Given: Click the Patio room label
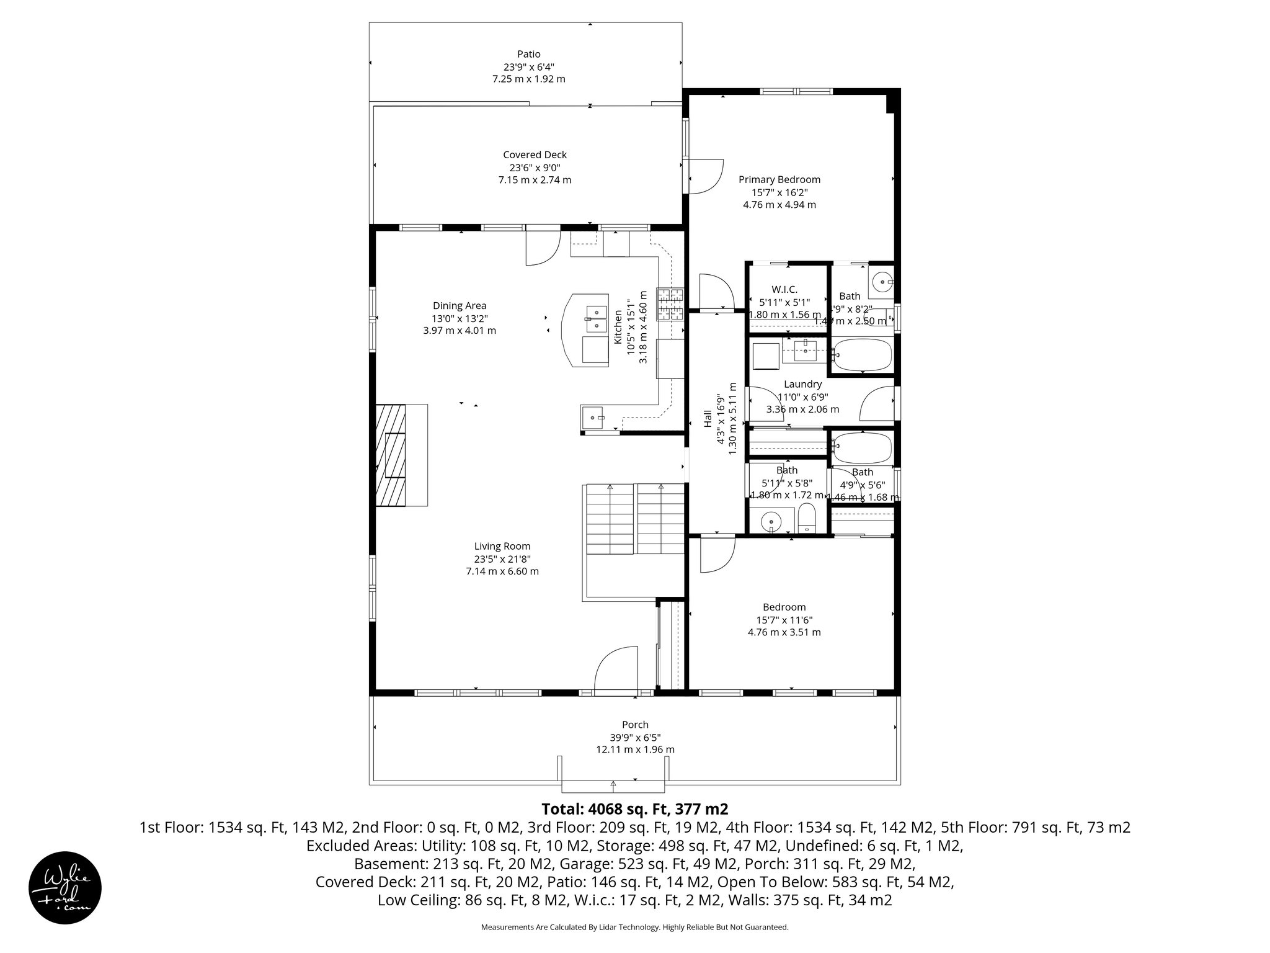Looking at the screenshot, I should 528,54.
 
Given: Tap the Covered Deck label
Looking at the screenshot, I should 535,154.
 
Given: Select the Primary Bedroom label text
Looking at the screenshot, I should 779,179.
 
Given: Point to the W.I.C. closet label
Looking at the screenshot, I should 784,289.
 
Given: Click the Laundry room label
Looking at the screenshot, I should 802,384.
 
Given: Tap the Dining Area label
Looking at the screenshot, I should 459,305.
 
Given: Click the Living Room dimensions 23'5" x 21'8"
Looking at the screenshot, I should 502,558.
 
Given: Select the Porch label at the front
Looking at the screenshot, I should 635,724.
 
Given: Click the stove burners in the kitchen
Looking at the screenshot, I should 670,304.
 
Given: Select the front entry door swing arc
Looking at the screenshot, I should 616,667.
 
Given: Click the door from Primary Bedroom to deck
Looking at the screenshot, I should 704,176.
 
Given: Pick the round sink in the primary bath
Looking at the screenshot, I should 881,282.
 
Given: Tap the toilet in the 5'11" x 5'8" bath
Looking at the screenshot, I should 807,518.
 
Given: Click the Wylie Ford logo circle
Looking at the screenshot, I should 65,887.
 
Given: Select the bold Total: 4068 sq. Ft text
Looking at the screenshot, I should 634,808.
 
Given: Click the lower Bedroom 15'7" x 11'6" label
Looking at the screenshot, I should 784,607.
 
